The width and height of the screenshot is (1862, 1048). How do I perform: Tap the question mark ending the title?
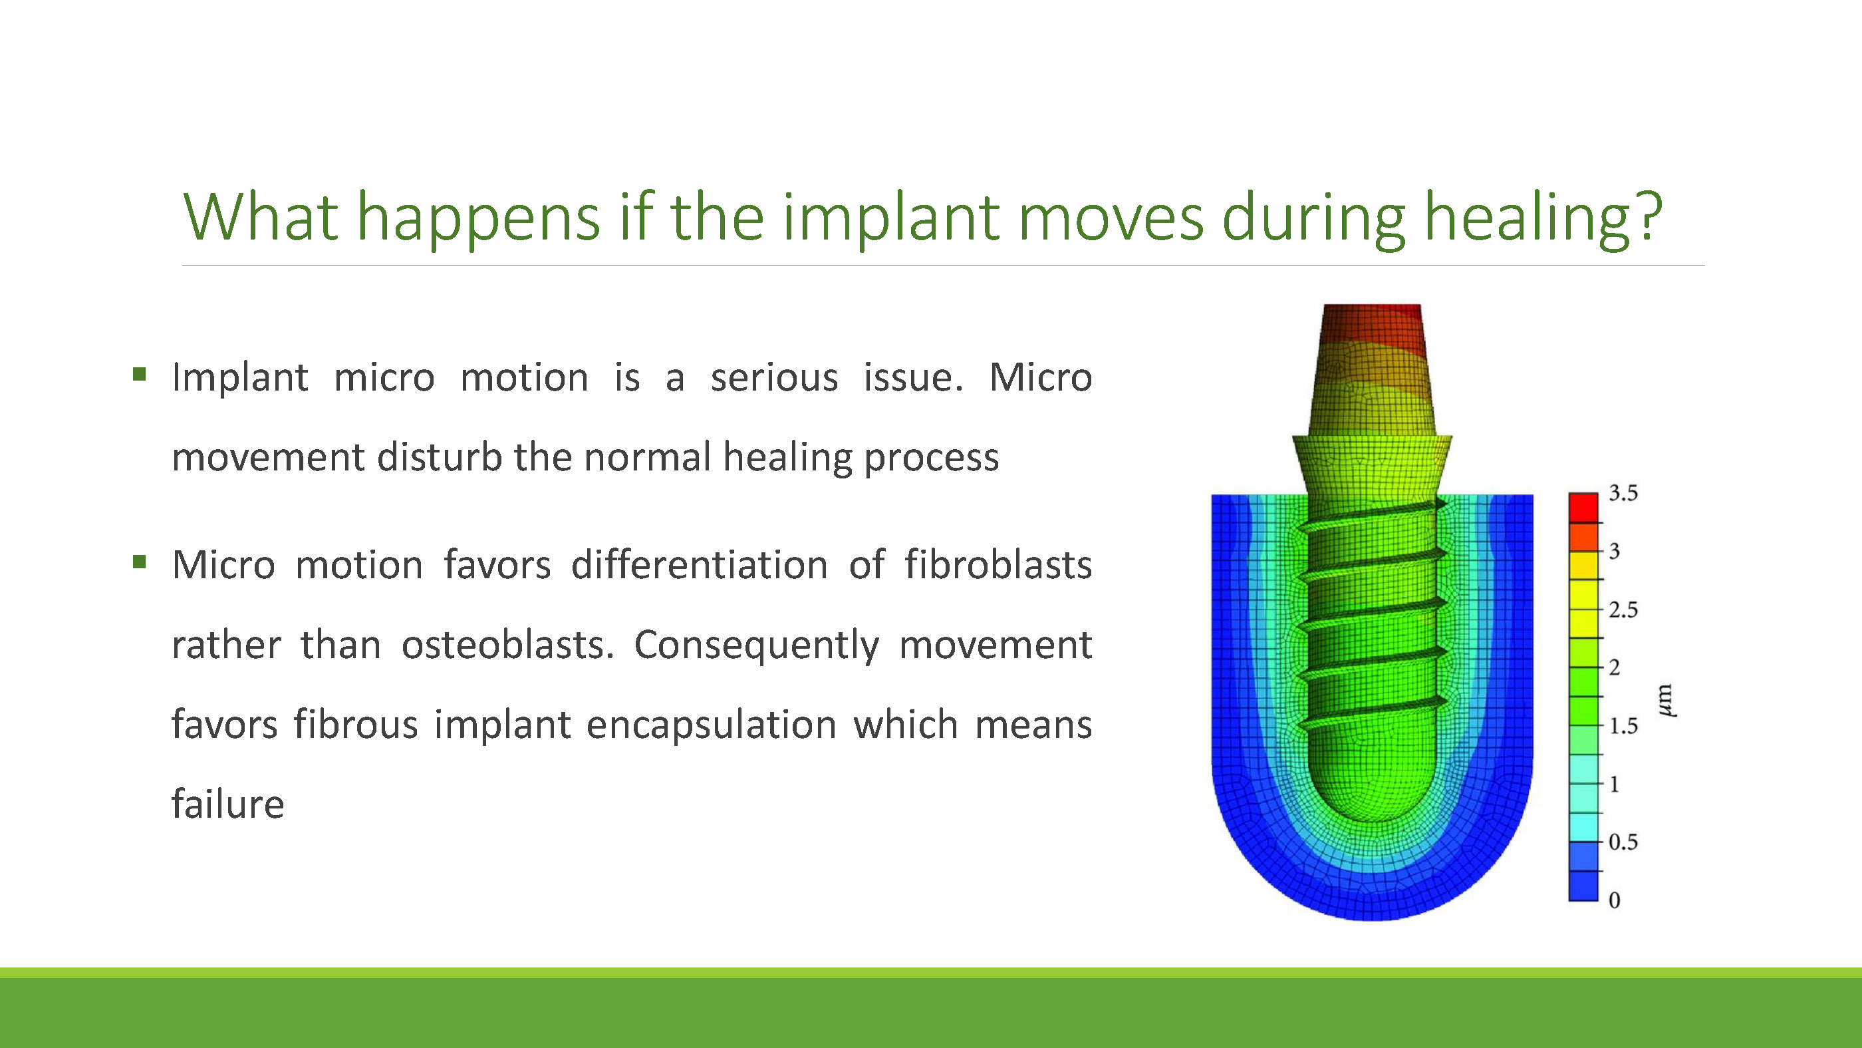coord(1649,215)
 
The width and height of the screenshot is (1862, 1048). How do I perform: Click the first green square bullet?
coord(140,375)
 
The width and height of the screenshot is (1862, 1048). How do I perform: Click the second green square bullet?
coord(140,562)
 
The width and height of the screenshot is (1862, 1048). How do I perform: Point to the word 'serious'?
coord(774,377)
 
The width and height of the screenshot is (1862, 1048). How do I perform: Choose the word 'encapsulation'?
coord(712,725)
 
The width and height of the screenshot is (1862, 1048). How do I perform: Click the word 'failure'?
coord(227,804)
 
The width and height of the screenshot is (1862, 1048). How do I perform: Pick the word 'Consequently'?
coord(757,646)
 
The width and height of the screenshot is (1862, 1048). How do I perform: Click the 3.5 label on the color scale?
coord(1623,493)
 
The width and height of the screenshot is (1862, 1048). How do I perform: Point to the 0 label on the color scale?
coord(1614,900)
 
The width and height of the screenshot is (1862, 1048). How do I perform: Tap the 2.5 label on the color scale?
coord(1623,610)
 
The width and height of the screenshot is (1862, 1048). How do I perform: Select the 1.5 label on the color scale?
coord(1623,725)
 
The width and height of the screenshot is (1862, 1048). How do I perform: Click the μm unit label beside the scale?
coord(1665,700)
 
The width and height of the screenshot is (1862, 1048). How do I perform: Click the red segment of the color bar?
coord(1583,508)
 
